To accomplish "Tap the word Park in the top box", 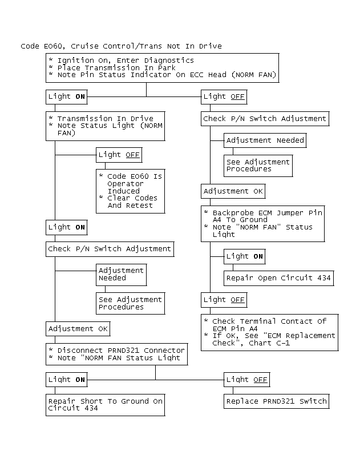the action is [x=167, y=67].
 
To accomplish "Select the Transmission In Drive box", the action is [x=106, y=126].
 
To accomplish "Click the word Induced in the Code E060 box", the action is [x=123, y=191].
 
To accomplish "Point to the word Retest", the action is [x=139, y=206].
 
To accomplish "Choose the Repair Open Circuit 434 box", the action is [x=278, y=278].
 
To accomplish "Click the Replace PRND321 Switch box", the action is [x=276, y=401].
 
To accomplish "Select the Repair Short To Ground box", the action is [x=106, y=405].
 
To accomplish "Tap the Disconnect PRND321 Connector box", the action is [x=117, y=354].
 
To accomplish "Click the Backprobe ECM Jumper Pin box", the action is [x=263, y=224].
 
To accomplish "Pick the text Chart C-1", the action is [x=269, y=343].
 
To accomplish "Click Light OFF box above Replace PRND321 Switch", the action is [x=247, y=380].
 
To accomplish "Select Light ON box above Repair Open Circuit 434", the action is [x=245, y=256].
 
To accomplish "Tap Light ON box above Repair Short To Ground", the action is [x=66, y=380].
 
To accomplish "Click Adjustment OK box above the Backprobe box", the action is [x=233, y=191].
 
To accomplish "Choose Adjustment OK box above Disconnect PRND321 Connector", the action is [x=78, y=329].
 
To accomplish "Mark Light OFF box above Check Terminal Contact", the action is [x=224, y=300].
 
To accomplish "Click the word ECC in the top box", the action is [x=196, y=75].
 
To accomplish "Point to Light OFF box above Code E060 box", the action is [x=119, y=155].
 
